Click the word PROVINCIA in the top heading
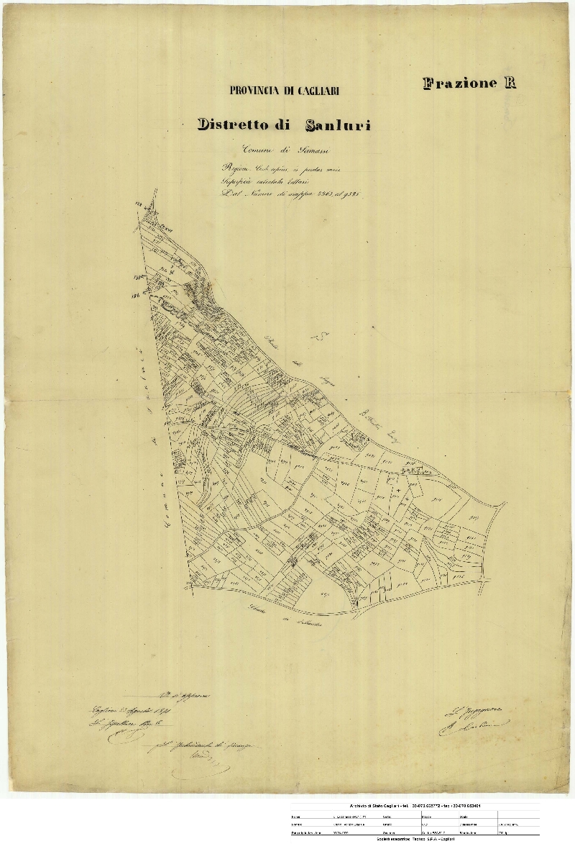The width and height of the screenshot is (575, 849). point(255,91)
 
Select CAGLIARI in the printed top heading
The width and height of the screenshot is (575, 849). point(312,91)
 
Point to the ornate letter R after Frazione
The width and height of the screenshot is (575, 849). point(510,83)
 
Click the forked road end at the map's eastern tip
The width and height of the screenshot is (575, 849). point(498,508)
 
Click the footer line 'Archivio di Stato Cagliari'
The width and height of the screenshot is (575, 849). point(415,806)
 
